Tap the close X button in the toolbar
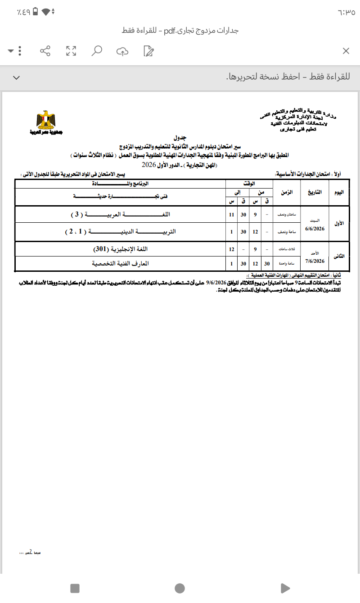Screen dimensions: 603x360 click(x=346, y=51)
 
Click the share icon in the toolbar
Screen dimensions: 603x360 click(x=45, y=51)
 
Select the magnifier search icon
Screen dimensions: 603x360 click(x=96, y=51)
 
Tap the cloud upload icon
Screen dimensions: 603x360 click(x=122, y=51)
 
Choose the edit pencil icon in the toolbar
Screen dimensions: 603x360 click(x=148, y=51)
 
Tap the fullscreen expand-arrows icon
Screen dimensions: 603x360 click(x=71, y=51)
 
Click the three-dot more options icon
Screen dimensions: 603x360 click(x=20, y=51)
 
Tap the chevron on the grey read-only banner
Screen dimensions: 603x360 click(x=16, y=78)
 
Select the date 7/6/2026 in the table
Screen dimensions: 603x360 click(x=315, y=261)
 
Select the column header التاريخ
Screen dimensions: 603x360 click(x=315, y=192)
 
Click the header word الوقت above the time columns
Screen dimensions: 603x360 click(x=248, y=184)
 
